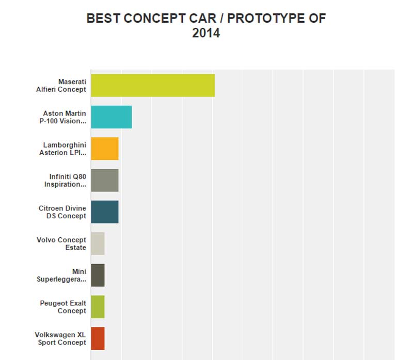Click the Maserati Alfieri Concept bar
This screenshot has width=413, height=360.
[x=152, y=85]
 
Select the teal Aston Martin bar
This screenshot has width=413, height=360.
[x=111, y=117]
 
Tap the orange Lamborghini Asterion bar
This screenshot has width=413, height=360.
[x=104, y=149]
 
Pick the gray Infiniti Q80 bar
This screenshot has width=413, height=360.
[x=104, y=180]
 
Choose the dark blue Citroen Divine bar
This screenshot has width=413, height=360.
[x=104, y=212]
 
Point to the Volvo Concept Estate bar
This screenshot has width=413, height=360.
[x=98, y=243]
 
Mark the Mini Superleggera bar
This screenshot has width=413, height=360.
[x=98, y=275]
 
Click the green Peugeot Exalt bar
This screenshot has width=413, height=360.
[x=98, y=307]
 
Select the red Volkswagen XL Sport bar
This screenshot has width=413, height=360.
[x=98, y=338]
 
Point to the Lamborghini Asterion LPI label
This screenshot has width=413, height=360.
[x=62, y=149]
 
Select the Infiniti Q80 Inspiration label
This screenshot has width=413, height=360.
[x=65, y=180]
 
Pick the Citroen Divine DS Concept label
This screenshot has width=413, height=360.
[x=62, y=212]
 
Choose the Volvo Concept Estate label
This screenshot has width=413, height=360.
[x=61, y=243]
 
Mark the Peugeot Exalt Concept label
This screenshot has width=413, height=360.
[x=63, y=307]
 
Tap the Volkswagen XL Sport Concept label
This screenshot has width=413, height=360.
[x=60, y=338]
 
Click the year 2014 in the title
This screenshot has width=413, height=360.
[x=206, y=34]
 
